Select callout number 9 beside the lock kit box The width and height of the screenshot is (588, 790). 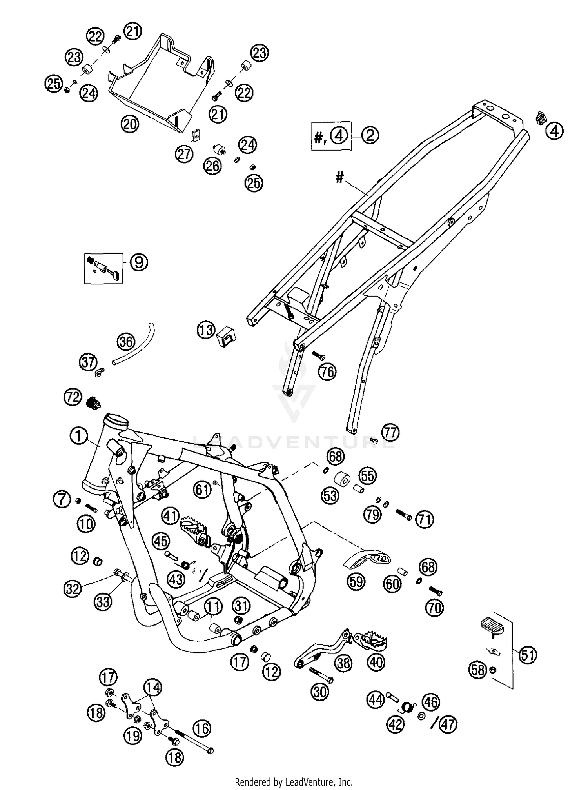[x=139, y=262]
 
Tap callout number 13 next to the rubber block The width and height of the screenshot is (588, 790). [x=206, y=330]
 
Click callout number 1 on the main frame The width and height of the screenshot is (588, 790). [x=78, y=436]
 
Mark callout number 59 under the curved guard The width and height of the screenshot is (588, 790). [x=356, y=582]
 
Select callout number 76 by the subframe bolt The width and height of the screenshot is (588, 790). [x=327, y=371]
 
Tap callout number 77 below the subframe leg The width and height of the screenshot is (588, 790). [x=390, y=433]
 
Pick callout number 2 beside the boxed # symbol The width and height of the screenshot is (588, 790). [x=370, y=135]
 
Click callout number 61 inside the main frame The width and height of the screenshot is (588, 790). [x=203, y=490]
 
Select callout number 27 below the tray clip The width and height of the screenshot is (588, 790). [x=184, y=154]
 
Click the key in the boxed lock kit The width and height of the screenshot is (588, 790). [x=117, y=277]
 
